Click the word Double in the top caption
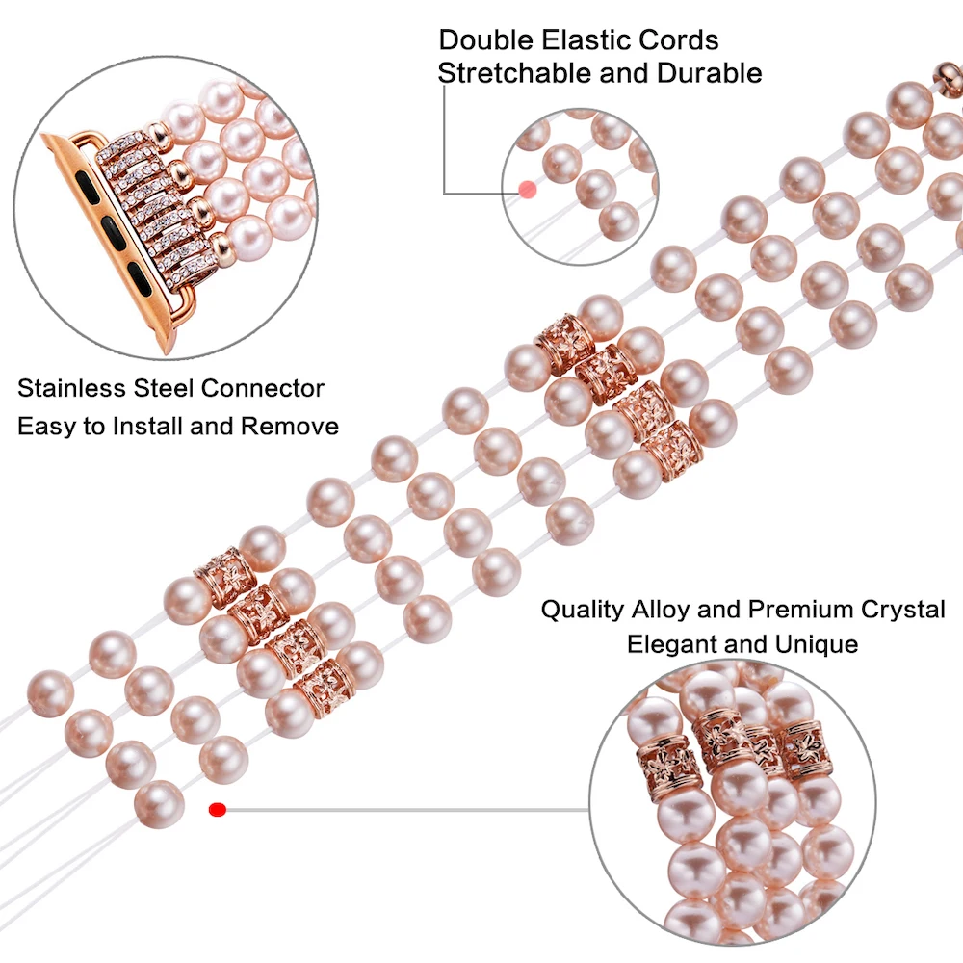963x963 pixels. pyautogui.click(x=485, y=40)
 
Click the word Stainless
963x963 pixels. pyautogui.click(x=71, y=388)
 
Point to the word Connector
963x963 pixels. pyautogui.click(x=262, y=388)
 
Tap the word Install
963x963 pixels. pyautogui.click(x=148, y=427)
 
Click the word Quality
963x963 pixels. pyautogui.click(x=583, y=610)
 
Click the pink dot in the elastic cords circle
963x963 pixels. pyautogui.click(x=527, y=190)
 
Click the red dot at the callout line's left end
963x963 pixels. pyautogui.click(x=218, y=810)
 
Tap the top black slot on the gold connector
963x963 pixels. pyautogui.click(x=86, y=183)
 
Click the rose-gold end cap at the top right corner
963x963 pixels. pyautogui.click(x=949, y=78)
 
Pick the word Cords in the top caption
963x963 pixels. pyautogui.click(x=678, y=40)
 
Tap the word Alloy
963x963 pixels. pyautogui.click(x=661, y=610)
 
